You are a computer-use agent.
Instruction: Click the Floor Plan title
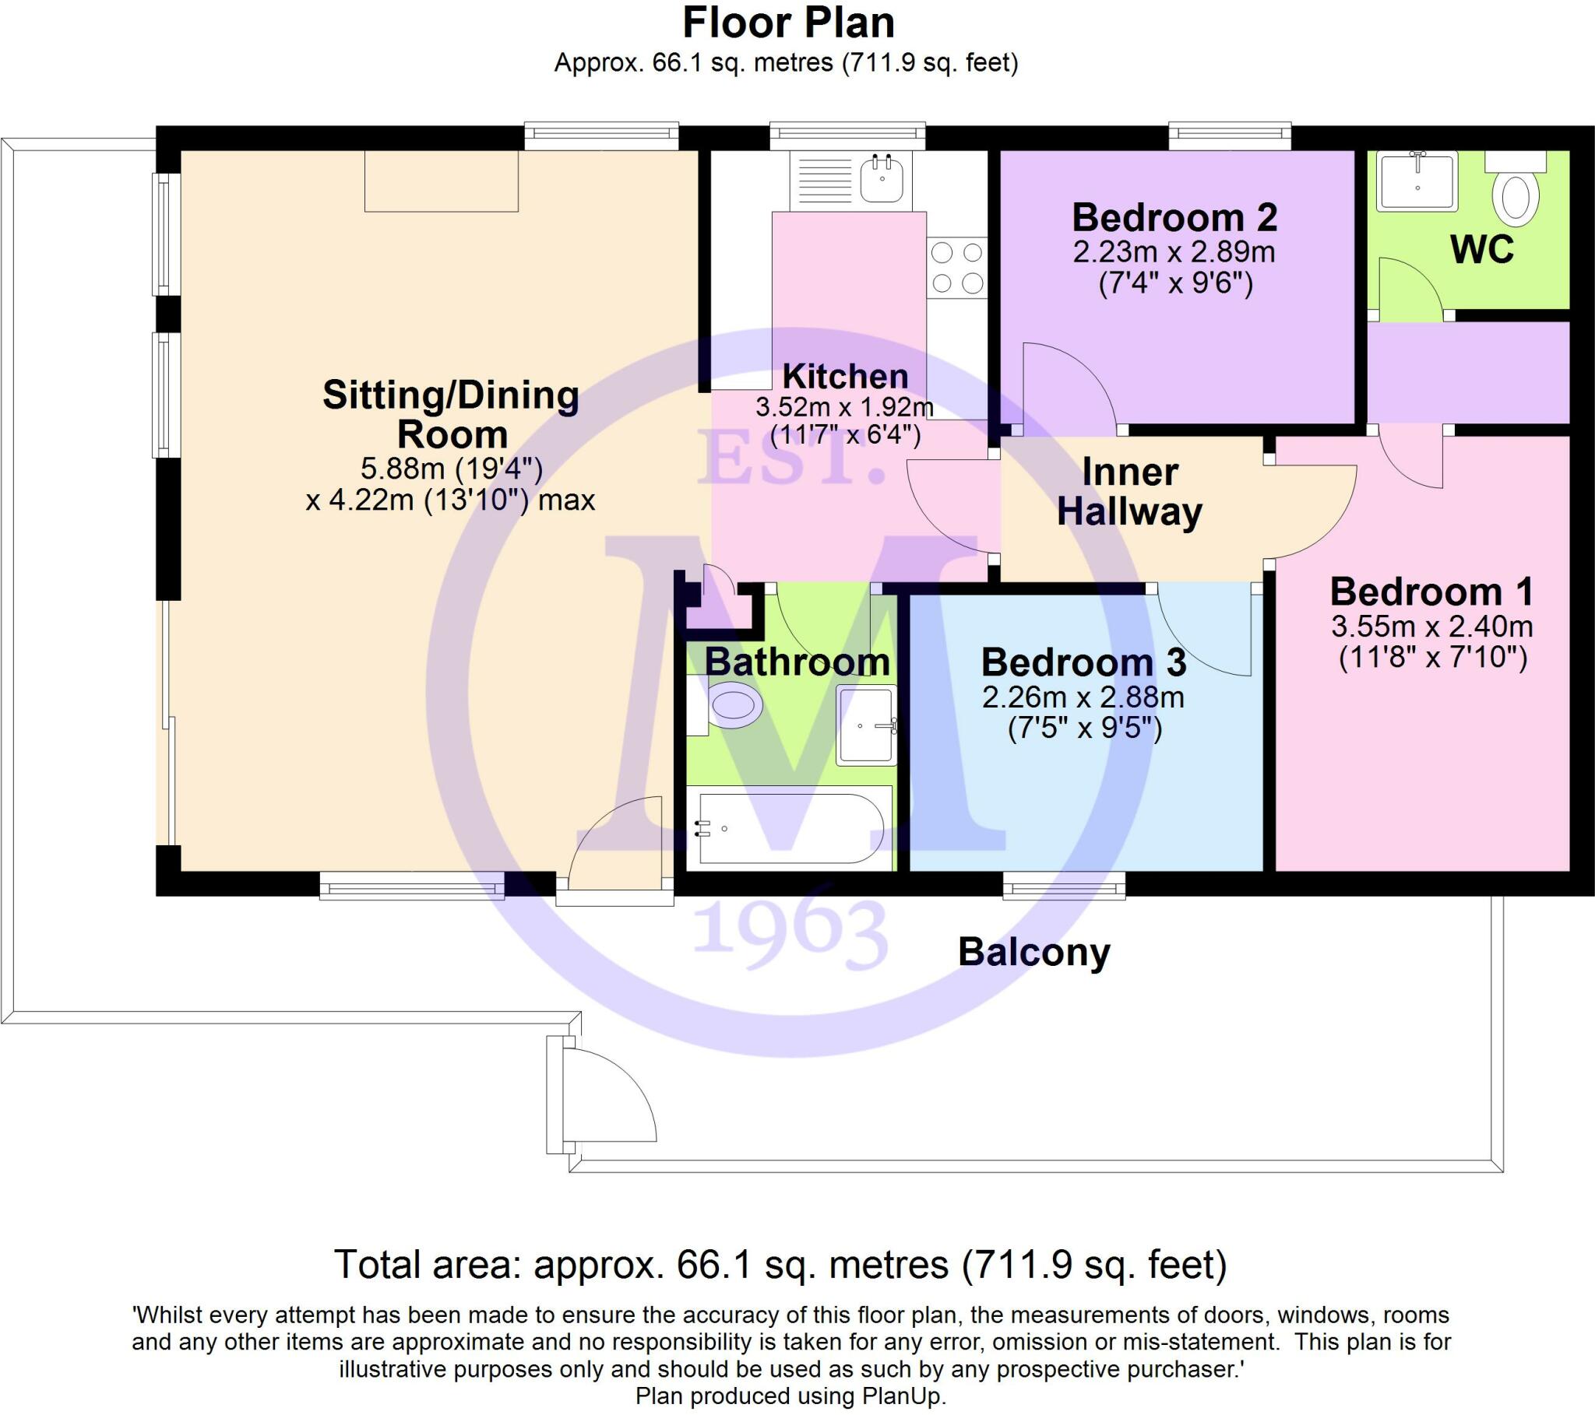tap(788, 23)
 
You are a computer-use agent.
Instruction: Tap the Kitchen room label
tap(845, 377)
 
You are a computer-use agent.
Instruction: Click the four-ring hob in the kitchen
tap(957, 268)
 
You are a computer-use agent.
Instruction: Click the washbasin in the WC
tap(1417, 181)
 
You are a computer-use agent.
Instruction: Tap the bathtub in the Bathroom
tap(790, 828)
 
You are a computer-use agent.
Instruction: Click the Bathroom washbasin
tap(866, 725)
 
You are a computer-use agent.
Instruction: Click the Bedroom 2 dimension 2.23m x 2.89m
tap(1174, 252)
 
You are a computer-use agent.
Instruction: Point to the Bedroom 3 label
tap(1083, 662)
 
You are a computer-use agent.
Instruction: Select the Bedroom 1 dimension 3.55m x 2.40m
tap(1432, 627)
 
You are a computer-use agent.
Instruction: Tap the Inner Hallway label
tap(1129, 492)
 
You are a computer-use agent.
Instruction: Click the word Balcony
tap(1033, 953)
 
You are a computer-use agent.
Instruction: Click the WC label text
tap(1481, 250)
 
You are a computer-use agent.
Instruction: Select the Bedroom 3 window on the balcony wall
tap(1064, 885)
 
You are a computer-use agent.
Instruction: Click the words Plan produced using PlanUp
tap(790, 1396)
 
